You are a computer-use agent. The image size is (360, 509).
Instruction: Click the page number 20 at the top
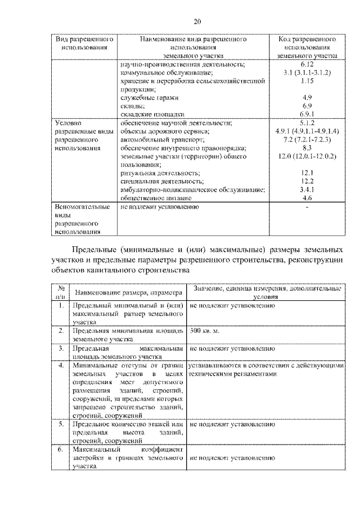coord(197,22)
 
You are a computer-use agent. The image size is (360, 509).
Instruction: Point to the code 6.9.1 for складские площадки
coord(307,114)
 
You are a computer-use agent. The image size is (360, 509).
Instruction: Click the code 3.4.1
coord(307,190)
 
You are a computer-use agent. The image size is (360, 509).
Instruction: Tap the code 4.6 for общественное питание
coord(307,198)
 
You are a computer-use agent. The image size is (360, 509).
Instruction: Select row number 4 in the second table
coord(60,366)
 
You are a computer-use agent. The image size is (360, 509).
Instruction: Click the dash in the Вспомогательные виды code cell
coord(307,207)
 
